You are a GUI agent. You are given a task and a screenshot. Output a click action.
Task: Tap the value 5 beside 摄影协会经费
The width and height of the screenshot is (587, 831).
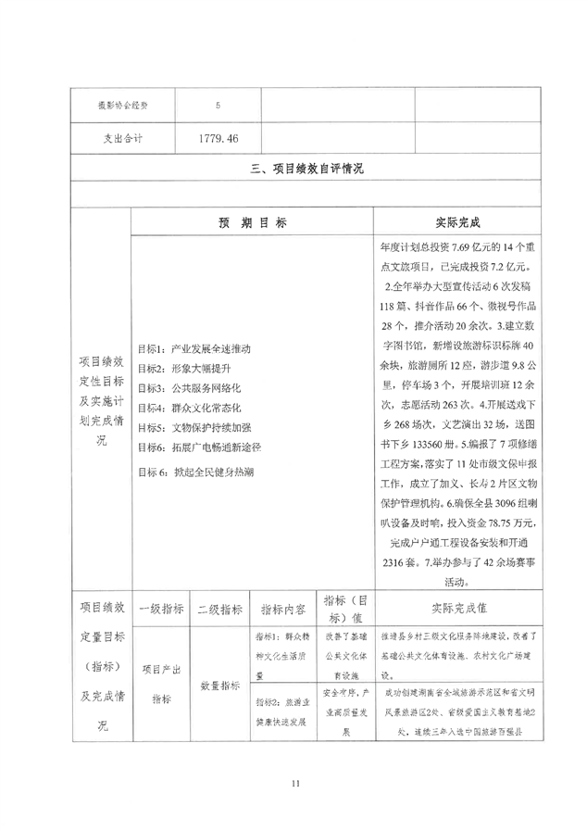pos(218,105)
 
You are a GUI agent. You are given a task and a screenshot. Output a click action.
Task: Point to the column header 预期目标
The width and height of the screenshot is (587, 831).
pos(252,223)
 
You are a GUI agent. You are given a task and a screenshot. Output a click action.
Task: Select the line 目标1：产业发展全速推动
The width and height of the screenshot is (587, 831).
pos(193,349)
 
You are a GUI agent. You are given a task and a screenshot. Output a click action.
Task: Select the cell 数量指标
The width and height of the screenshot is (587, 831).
pos(219,686)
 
